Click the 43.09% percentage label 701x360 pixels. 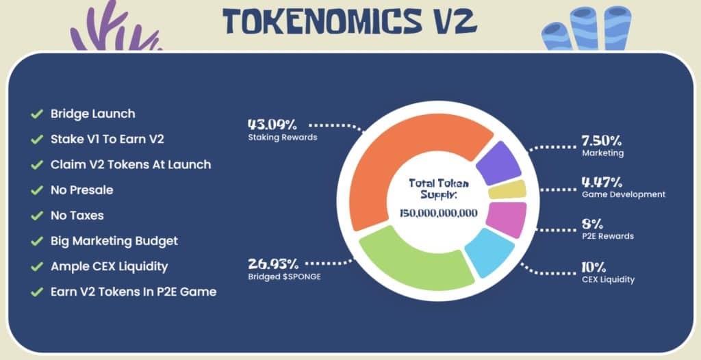(x=272, y=125)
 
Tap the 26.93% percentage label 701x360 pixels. (x=272, y=263)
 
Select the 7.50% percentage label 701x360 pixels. (x=601, y=141)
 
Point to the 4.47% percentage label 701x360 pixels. (x=601, y=182)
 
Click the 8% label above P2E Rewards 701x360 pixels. (x=592, y=224)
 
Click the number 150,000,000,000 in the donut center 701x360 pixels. (x=438, y=213)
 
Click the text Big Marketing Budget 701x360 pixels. (x=114, y=241)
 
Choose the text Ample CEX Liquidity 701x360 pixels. (x=109, y=266)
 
